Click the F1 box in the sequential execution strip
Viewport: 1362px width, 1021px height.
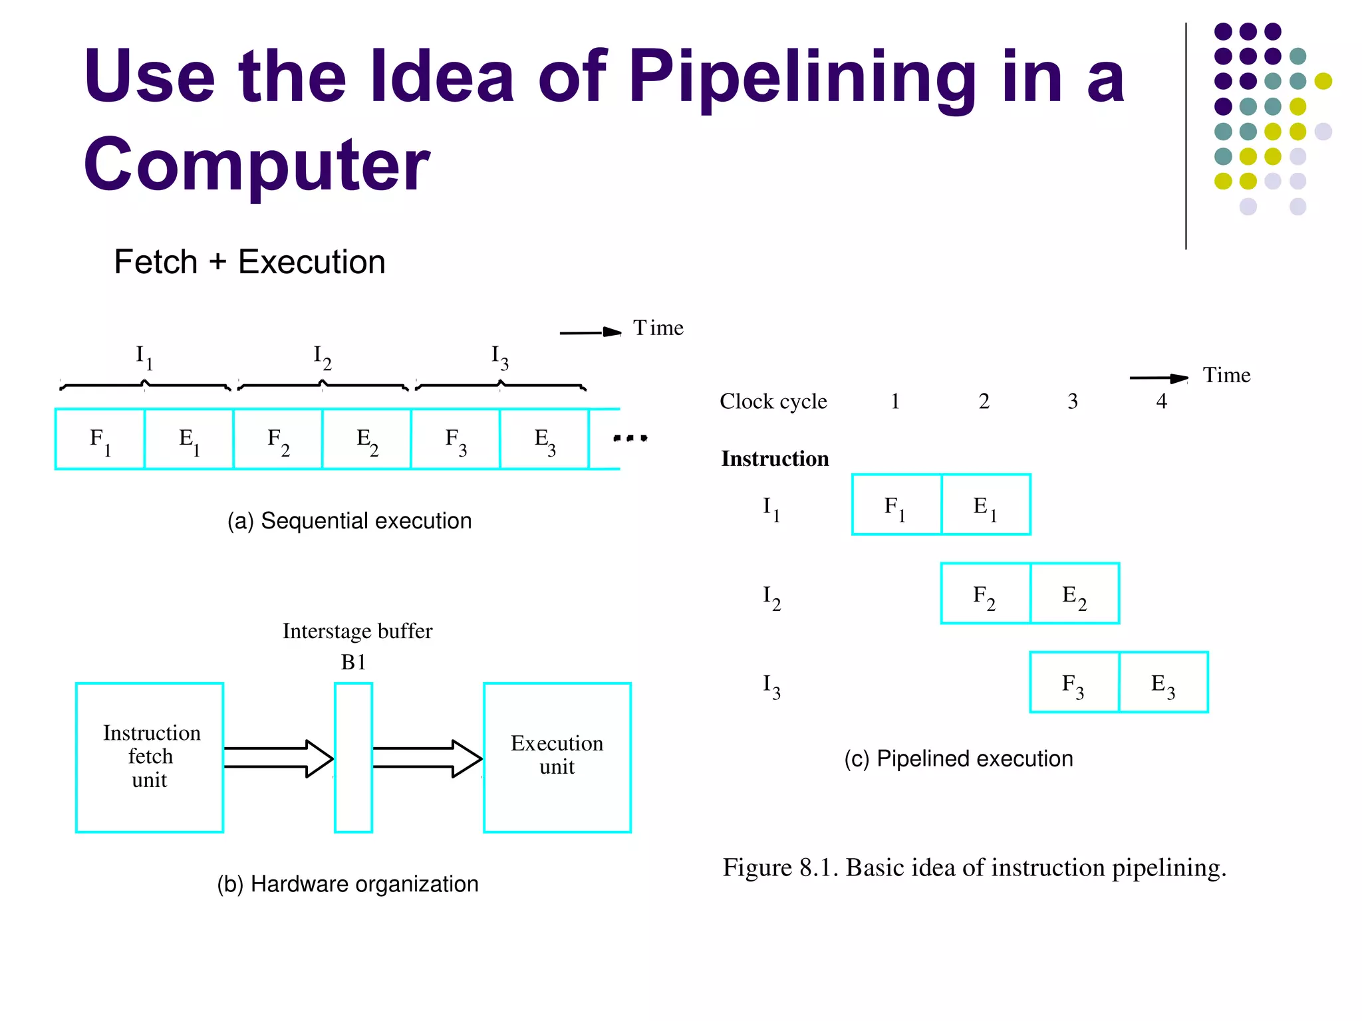point(100,439)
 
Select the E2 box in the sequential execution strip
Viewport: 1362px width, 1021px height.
point(366,439)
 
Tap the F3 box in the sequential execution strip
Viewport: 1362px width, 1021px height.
point(456,439)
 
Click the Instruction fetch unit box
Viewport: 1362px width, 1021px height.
point(150,757)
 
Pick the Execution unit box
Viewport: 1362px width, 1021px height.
point(557,757)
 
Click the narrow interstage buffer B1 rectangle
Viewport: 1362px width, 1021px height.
point(353,757)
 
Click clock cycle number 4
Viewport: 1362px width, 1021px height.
point(1161,401)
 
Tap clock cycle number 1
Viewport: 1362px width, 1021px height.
point(895,401)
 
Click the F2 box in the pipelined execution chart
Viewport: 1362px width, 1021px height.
point(985,594)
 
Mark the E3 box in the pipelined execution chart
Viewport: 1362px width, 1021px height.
point(1163,683)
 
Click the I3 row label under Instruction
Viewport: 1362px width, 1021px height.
point(771,685)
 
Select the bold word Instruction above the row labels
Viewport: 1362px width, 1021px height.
point(775,459)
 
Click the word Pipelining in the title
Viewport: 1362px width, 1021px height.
point(802,78)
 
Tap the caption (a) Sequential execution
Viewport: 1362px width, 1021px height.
point(349,520)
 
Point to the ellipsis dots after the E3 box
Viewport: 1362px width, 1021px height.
point(630,438)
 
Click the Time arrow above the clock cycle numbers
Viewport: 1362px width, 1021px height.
point(1158,378)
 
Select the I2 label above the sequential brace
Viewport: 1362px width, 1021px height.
point(323,357)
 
